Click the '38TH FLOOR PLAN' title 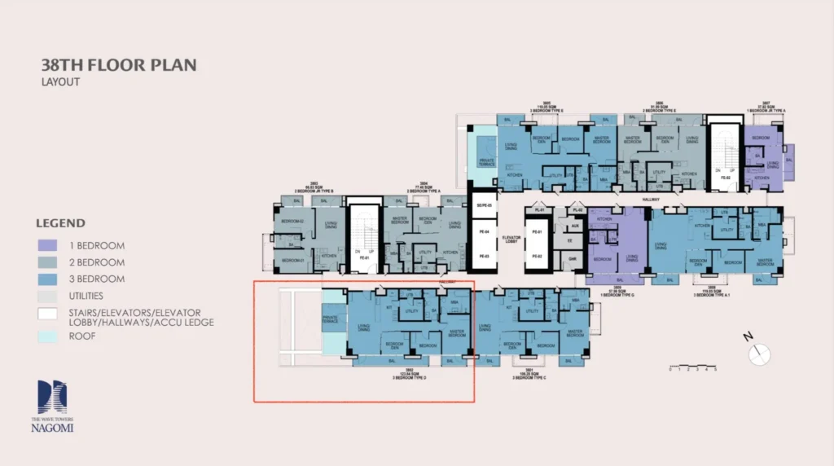pos(118,65)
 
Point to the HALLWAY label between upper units pos(650,198)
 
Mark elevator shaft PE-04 pos(484,232)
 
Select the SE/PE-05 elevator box pos(484,205)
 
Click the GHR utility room pos(573,259)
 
